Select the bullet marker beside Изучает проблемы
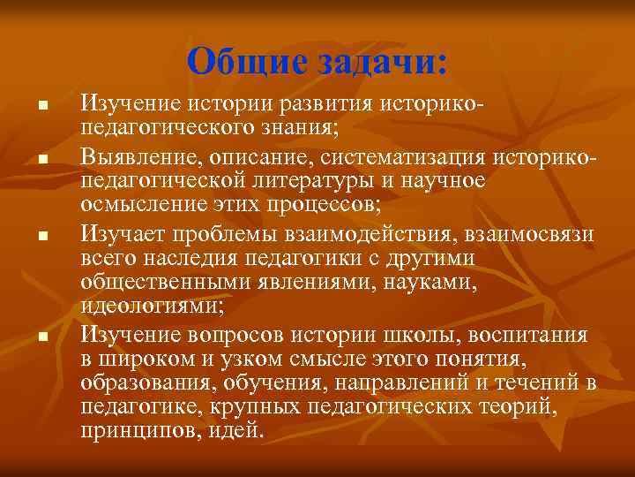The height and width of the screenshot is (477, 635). pyautogui.click(x=41, y=236)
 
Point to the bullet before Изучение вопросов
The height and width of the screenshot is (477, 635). pyautogui.click(x=41, y=337)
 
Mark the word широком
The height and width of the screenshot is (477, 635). pyautogui.click(x=146, y=360)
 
